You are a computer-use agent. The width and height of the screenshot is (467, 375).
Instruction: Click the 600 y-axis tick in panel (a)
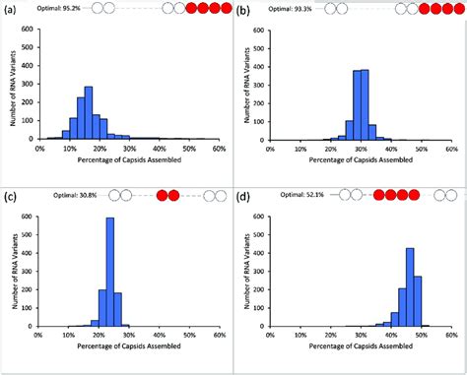click(29, 25)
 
